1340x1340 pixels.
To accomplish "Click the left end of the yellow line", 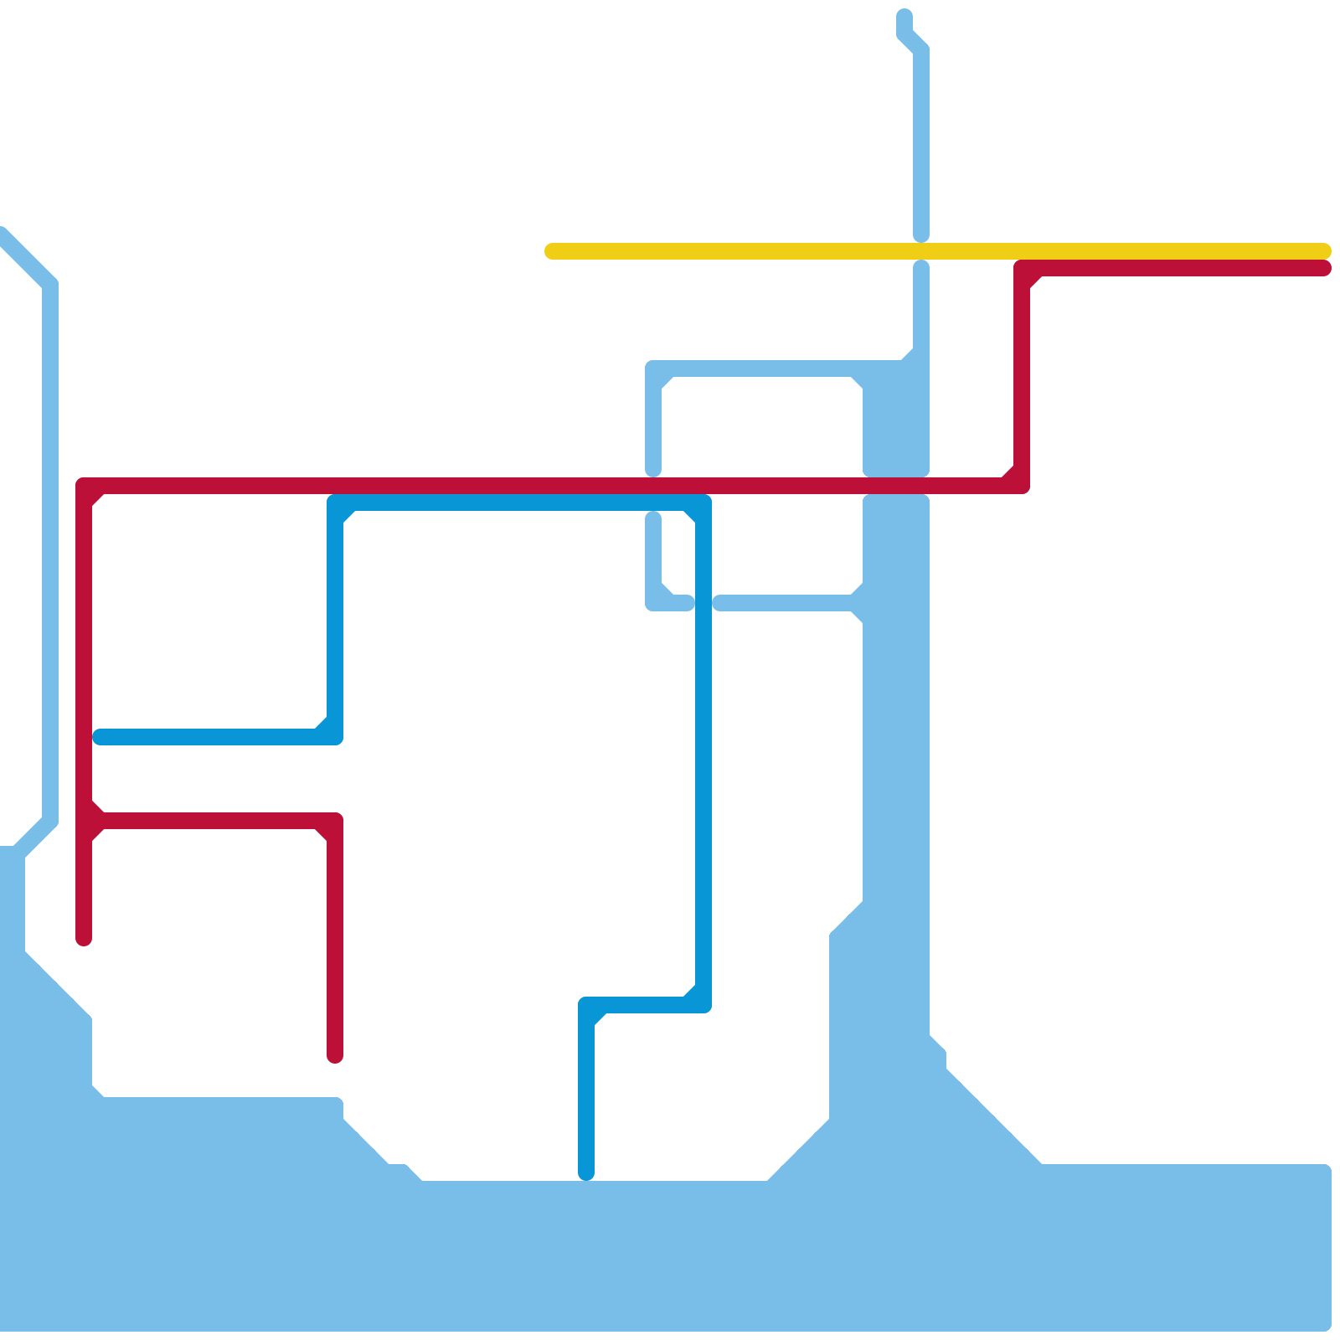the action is pos(551,251).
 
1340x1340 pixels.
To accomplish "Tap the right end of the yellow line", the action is pos(1324,251).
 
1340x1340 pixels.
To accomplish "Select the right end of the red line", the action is pos(1324,268).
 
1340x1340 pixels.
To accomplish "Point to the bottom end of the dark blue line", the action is pos(586,1173).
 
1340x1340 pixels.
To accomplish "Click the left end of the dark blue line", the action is pos(100,737).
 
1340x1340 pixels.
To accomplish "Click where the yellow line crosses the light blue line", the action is pos(921,251).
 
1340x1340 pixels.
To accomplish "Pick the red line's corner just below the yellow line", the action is pos(1022,268).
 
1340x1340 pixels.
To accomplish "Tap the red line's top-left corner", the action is pos(84,486).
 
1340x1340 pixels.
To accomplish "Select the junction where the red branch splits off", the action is pos(84,821).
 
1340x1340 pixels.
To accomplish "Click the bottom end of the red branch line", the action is pos(335,1057).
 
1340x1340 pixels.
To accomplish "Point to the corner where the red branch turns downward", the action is pos(335,821).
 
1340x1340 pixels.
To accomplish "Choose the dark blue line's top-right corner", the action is pos(703,502).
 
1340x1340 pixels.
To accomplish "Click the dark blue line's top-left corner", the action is pos(335,502).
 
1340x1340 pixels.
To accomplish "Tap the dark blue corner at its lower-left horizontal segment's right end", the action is pos(335,737).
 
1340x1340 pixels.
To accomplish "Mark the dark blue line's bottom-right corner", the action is pos(703,1005).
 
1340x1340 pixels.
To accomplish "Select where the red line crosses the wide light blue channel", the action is pos(896,486).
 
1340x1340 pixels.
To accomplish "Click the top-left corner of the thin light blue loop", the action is pos(653,368).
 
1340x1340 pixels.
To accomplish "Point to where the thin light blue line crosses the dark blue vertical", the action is pos(703,603).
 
